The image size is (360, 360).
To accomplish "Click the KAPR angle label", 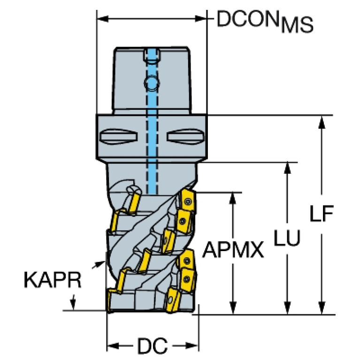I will click(x=52, y=280).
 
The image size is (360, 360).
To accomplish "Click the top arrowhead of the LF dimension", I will click(x=322, y=121).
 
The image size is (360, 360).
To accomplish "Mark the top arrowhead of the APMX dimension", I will click(x=233, y=197).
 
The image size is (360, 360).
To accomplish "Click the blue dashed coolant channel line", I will click(x=151, y=141).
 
